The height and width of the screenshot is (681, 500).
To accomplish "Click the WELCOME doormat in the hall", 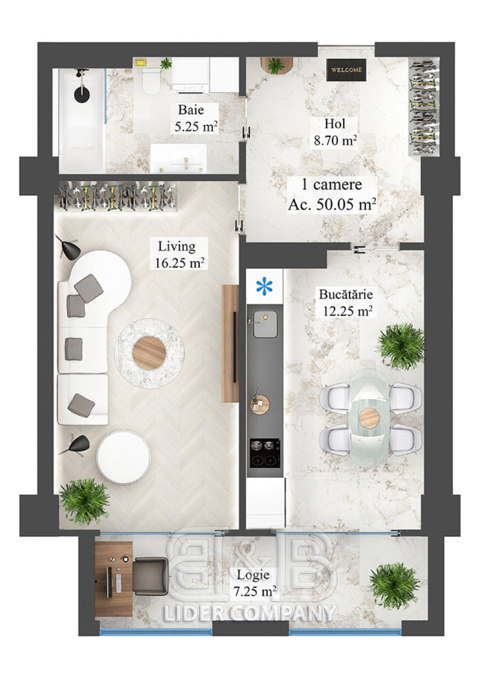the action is pos(346,70).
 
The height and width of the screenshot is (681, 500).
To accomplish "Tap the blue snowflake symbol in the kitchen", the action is pos(264,286).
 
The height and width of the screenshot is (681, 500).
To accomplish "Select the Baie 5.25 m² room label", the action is pos(195,118).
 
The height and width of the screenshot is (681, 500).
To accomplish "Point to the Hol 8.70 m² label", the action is pos(335,132).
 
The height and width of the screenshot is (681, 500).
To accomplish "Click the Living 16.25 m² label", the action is pos(179,254).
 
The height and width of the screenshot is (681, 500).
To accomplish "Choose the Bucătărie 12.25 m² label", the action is pos(347,302).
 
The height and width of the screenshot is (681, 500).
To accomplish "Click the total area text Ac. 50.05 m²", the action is pos(332,204).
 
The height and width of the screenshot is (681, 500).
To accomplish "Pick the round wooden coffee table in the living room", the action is pos(149,353).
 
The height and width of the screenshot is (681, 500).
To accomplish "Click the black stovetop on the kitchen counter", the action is pos(265,453).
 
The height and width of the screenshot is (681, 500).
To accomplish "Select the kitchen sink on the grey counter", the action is pos(265,324).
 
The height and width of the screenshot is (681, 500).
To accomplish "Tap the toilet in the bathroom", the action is pos(151,80).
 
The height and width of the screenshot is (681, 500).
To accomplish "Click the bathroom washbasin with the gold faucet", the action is pos(178,158).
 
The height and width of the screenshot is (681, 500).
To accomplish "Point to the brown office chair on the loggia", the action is pos(151,576).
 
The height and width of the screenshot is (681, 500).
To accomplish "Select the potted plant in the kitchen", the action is pos(401,346).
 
